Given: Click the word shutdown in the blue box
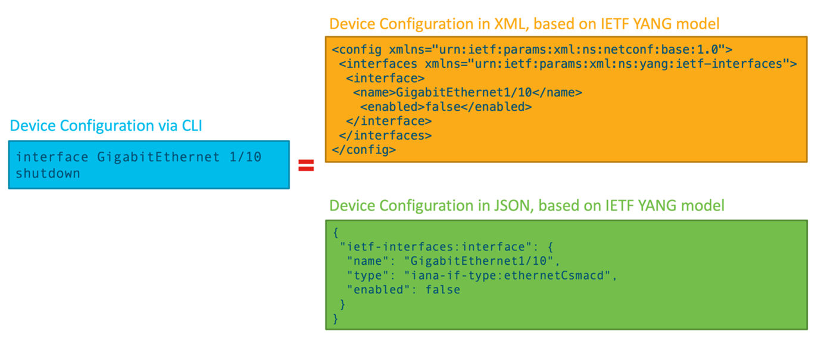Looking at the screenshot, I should click(x=48, y=173).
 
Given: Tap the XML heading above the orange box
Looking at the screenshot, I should click(x=524, y=24).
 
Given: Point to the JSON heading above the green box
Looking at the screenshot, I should click(x=526, y=206).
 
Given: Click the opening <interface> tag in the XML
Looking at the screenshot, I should click(x=385, y=79).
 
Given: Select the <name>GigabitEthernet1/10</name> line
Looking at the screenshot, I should click(x=467, y=93).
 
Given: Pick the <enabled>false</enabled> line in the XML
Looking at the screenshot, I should click(x=445, y=107).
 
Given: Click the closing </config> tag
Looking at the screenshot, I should click(x=363, y=150).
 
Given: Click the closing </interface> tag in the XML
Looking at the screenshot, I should click(x=389, y=121).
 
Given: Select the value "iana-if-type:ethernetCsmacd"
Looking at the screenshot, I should click(x=508, y=276).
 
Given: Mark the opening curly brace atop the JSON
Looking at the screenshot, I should click(x=336, y=233).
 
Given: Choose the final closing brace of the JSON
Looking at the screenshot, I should click(x=336, y=318).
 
